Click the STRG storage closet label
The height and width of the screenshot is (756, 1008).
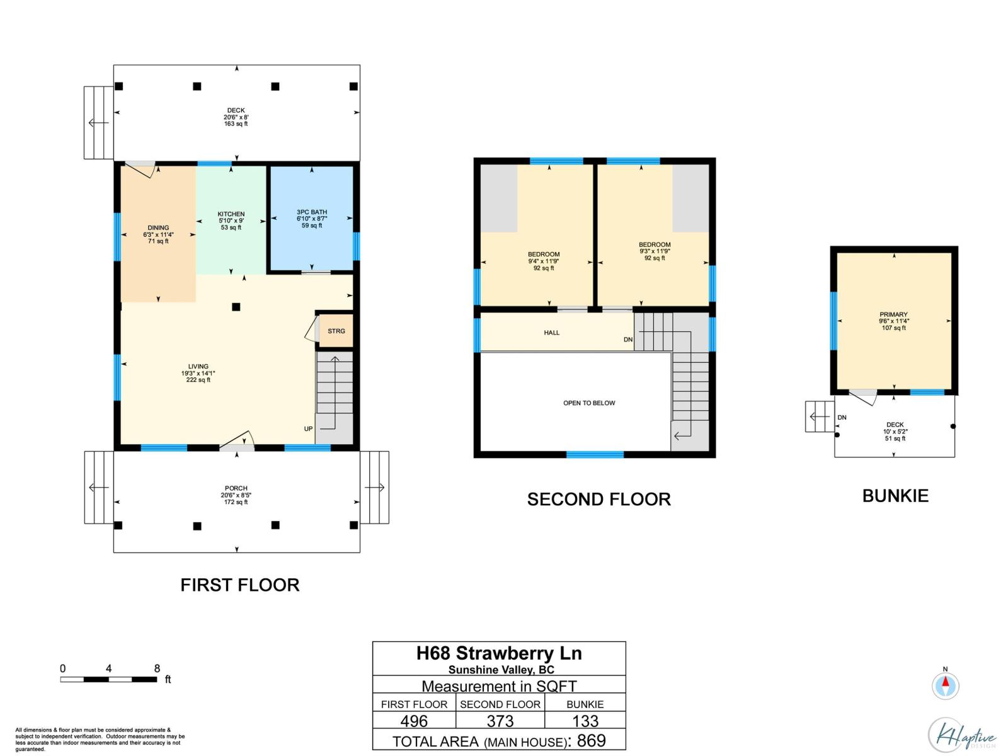pyautogui.click(x=336, y=331)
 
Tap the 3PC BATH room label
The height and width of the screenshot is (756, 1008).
pyautogui.click(x=312, y=212)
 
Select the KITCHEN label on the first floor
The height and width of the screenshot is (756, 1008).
pyautogui.click(x=231, y=214)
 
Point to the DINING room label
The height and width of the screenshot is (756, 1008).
pyautogui.click(x=158, y=228)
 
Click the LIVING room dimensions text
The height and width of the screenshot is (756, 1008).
pyautogui.click(x=198, y=373)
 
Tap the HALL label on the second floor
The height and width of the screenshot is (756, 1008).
pyautogui.click(x=551, y=333)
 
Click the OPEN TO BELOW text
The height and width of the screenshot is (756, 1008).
pyautogui.click(x=589, y=403)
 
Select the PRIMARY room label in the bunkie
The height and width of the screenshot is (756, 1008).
pyautogui.click(x=893, y=314)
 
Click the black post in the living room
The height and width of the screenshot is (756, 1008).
pyautogui.click(x=236, y=307)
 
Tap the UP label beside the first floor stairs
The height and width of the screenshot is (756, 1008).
pyautogui.click(x=308, y=429)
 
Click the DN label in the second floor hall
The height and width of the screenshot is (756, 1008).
pyautogui.click(x=627, y=340)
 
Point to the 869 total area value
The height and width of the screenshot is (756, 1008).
pyautogui.click(x=591, y=741)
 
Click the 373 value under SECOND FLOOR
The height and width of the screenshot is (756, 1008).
pyautogui.click(x=500, y=721)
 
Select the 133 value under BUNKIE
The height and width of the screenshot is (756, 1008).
pyautogui.click(x=585, y=721)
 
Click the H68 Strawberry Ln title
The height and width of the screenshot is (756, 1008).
pyautogui.click(x=499, y=653)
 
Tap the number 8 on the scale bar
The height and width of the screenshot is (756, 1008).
pyautogui.click(x=157, y=668)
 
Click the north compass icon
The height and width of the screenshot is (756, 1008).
pyautogui.click(x=945, y=685)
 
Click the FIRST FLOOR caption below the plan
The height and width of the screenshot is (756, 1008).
pyautogui.click(x=239, y=585)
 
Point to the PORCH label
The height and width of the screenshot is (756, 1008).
pyautogui.click(x=236, y=488)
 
